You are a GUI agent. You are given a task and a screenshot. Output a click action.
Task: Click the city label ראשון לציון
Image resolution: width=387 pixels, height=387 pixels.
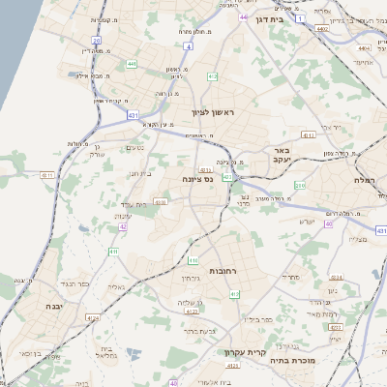click(x=229, y=111)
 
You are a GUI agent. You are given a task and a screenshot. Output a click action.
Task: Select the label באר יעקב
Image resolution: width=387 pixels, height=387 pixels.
click(x=282, y=157)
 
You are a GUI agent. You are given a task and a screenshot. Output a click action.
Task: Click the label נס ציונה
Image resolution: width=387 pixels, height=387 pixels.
click(x=197, y=180)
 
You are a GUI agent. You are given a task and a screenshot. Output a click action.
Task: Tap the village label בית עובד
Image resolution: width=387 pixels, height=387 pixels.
click(x=134, y=204)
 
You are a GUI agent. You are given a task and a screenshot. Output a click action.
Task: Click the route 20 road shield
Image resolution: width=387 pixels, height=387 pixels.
click(x=96, y=41)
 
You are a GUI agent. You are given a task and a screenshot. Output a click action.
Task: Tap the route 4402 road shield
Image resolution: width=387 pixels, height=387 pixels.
click(x=320, y=30)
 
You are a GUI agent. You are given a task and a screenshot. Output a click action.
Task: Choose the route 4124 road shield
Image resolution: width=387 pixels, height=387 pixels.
click(x=93, y=316)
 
